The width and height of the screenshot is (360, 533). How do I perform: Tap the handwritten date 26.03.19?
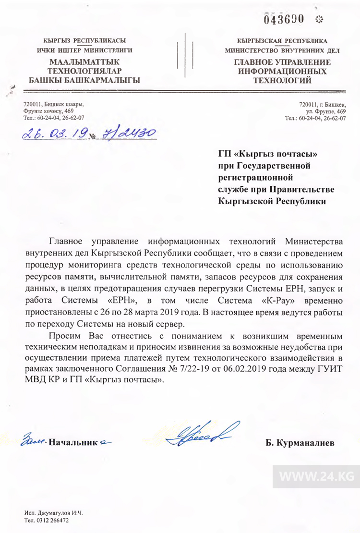pyautogui.click(x=53, y=134)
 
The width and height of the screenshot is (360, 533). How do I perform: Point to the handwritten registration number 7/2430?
pyautogui.click(x=125, y=134)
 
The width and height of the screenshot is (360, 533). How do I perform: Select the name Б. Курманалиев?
pyautogui.click(x=300, y=442)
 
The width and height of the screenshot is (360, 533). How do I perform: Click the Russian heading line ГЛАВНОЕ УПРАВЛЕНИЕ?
pyautogui.click(x=283, y=62)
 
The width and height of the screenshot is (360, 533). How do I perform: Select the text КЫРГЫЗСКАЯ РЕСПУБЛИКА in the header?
pyautogui.click(x=283, y=41)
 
